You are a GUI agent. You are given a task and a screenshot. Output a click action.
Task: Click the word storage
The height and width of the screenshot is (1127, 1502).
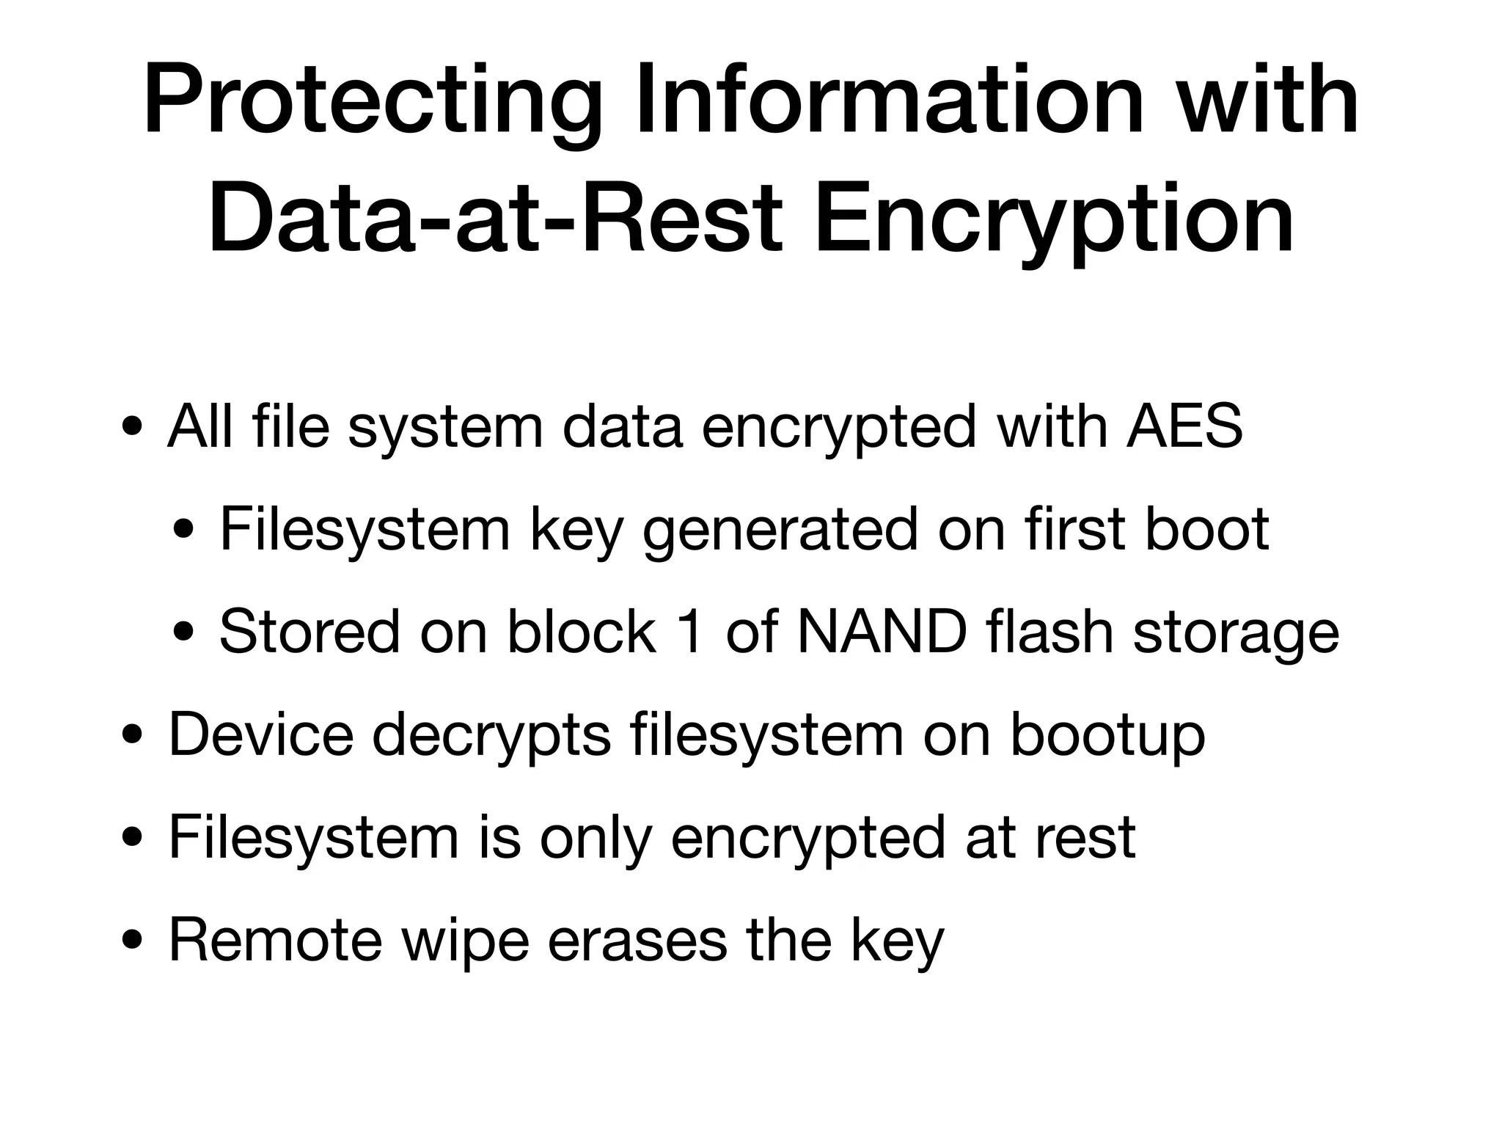[1237, 635]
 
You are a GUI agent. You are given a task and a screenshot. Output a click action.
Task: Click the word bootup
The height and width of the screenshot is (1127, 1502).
[1108, 736]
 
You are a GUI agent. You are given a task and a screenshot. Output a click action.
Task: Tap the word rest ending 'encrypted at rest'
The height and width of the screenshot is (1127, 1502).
[1086, 838]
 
